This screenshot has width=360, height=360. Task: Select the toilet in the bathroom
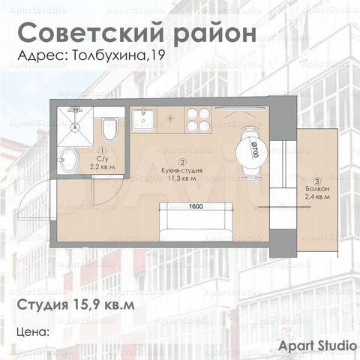(109, 127)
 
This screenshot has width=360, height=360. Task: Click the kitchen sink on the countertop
(142, 118)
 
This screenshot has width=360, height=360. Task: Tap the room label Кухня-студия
(181, 171)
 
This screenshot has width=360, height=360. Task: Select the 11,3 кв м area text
(181, 179)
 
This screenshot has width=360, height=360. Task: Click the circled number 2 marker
(181, 162)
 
